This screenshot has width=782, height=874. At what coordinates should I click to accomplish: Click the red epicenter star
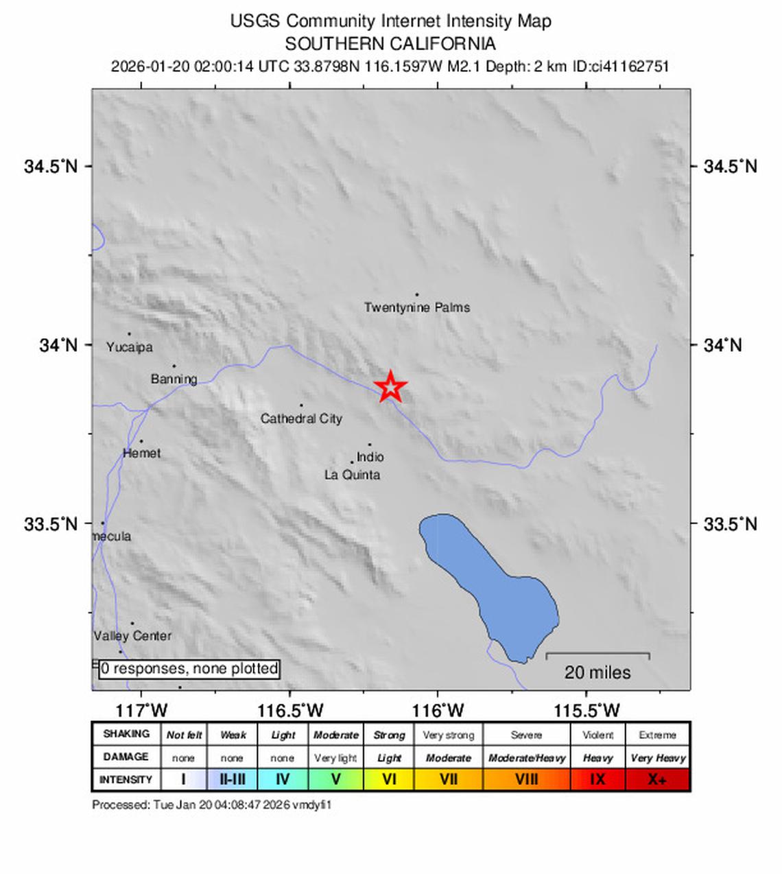click(390, 387)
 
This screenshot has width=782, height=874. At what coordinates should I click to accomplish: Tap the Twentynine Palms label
click(417, 307)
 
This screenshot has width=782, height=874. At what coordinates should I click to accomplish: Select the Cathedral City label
click(301, 418)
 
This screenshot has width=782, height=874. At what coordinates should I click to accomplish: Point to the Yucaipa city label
click(130, 347)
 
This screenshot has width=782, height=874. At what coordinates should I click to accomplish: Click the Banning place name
click(174, 379)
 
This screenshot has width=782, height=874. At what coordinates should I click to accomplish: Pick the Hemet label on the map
click(142, 453)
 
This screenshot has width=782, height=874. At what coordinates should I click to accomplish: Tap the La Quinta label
click(352, 475)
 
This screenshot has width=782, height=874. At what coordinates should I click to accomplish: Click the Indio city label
click(370, 457)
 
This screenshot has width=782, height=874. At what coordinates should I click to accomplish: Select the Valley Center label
click(133, 636)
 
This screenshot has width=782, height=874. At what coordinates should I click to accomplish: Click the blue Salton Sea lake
click(494, 583)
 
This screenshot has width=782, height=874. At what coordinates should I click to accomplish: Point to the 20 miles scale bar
click(597, 656)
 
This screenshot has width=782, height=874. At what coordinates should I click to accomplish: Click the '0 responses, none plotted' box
click(189, 669)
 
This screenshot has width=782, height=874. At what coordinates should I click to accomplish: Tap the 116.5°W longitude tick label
click(290, 711)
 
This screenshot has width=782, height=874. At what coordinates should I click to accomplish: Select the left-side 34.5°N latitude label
click(51, 166)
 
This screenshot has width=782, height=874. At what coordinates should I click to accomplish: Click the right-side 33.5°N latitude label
click(731, 524)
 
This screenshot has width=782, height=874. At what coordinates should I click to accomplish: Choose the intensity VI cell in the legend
click(389, 779)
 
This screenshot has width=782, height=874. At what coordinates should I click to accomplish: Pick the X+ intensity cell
click(657, 779)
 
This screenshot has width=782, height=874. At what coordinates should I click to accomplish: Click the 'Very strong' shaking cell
click(448, 735)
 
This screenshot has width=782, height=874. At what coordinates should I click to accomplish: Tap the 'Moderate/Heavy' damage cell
click(527, 758)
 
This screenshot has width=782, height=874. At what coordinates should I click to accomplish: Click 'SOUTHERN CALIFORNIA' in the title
click(390, 44)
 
